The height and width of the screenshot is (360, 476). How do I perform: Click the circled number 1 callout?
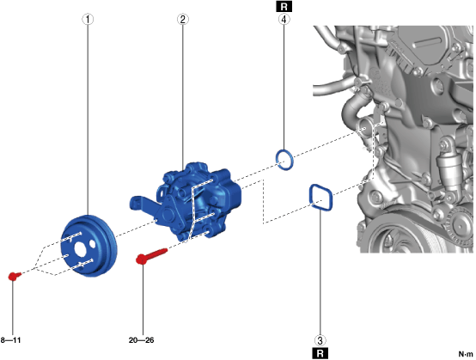click(x=88, y=20)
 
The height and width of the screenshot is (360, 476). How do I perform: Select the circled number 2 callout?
click(x=183, y=20)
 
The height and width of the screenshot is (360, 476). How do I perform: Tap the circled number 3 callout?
click(x=320, y=340)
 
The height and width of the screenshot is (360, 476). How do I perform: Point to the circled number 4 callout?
click(x=284, y=20)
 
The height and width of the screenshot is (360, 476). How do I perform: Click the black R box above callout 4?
click(x=284, y=6)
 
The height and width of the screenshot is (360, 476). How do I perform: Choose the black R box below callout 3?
click(x=320, y=353)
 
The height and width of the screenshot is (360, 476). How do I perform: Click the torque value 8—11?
click(x=11, y=340)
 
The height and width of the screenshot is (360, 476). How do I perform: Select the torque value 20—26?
click(x=142, y=340)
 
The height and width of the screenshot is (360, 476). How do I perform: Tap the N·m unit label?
click(x=466, y=354)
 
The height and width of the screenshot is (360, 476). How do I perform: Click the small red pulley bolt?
click(x=14, y=276)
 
